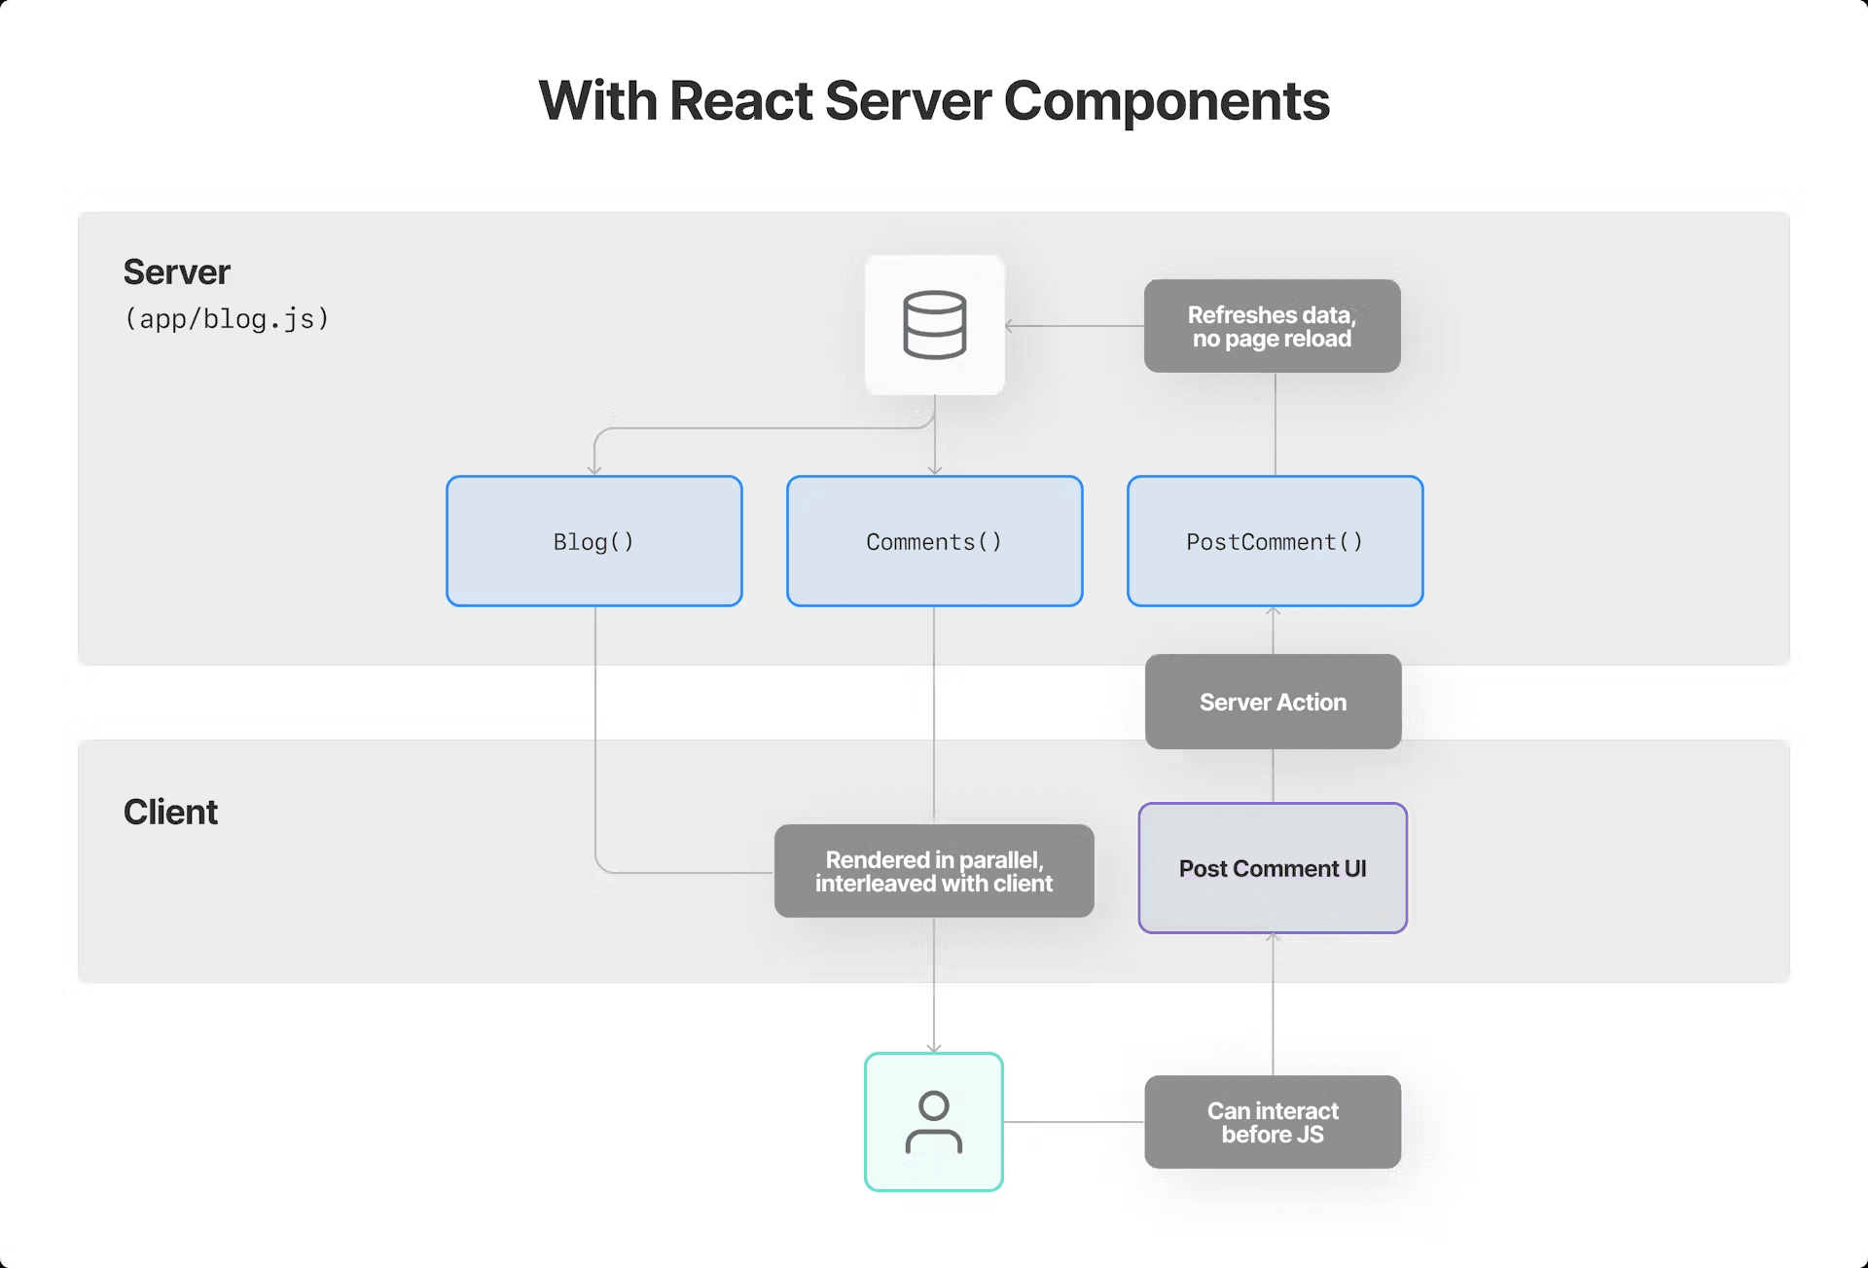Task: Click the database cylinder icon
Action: coord(934,325)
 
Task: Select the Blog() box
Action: coord(593,541)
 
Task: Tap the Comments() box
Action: coord(934,541)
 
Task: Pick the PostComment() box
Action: coord(1275,541)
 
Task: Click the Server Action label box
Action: coord(1273,702)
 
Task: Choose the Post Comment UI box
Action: coord(1273,868)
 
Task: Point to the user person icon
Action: coord(933,1122)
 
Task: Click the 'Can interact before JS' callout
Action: coord(1273,1122)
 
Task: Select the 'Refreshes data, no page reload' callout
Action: coord(1272,326)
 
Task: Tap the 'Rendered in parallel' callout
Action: coord(933,871)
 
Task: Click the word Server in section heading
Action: coord(176,272)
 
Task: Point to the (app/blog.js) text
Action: coord(227,319)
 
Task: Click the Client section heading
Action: coord(170,812)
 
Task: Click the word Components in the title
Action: coord(1166,101)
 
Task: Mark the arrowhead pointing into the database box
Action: coord(1010,326)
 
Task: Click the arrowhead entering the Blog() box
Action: coord(594,471)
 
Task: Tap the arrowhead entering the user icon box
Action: coord(934,1048)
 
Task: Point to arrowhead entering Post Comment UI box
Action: coord(1273,937)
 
